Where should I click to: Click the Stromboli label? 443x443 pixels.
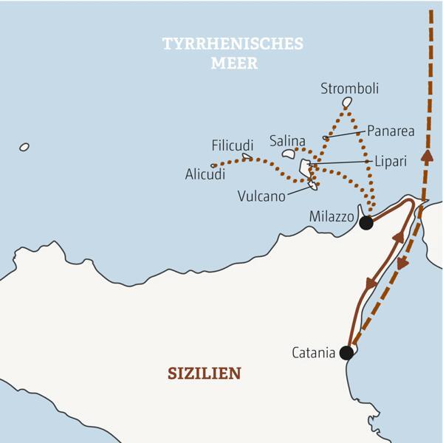349,89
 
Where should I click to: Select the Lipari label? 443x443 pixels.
391,161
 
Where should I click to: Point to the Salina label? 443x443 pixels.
287,140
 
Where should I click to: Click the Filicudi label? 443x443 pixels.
233,145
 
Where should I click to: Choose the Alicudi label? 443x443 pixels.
205,175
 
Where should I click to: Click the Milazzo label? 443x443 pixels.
331,217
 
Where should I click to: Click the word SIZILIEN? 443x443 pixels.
205,373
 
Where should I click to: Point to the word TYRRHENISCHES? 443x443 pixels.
233,44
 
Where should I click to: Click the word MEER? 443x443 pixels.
233,63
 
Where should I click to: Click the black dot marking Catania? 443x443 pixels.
346,354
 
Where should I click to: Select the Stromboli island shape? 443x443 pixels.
347,102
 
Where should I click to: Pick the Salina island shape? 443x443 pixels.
289,154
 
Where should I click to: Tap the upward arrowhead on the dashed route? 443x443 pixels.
426,156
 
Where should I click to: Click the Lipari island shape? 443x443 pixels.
304,167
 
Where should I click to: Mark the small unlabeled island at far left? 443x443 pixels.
24,147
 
